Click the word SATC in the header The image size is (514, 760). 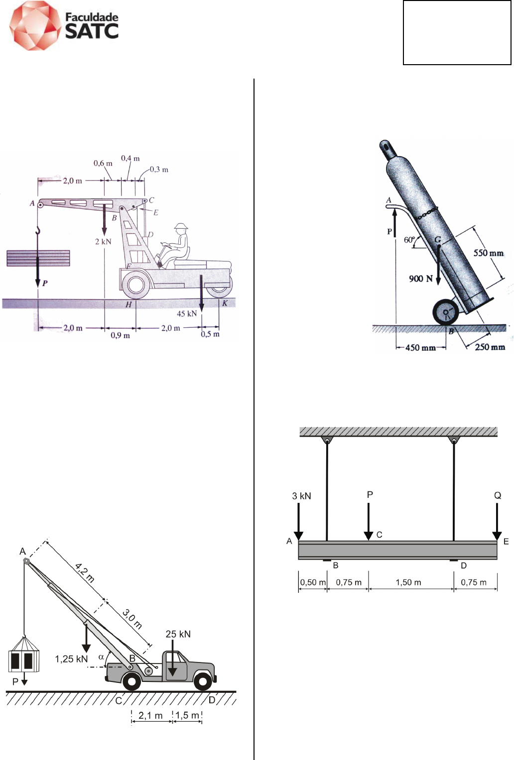[92, 31]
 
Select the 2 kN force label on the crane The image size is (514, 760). [103, 242]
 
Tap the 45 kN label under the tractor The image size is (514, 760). [186, 313]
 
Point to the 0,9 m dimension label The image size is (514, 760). [120, 336]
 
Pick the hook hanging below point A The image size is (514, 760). [38, 231]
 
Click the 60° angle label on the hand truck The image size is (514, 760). [409, 240]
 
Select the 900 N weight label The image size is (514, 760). [420, 279]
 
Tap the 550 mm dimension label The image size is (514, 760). [489, 253]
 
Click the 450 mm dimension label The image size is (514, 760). [420, 348]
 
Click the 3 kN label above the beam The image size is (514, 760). [301, 496]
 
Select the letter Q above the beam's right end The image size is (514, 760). [498, 495]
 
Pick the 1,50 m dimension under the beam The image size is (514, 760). [408, 582]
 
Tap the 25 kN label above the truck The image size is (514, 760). [178, 634]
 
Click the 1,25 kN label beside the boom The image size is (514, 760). [71, 659]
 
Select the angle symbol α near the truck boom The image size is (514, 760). [101, 657]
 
